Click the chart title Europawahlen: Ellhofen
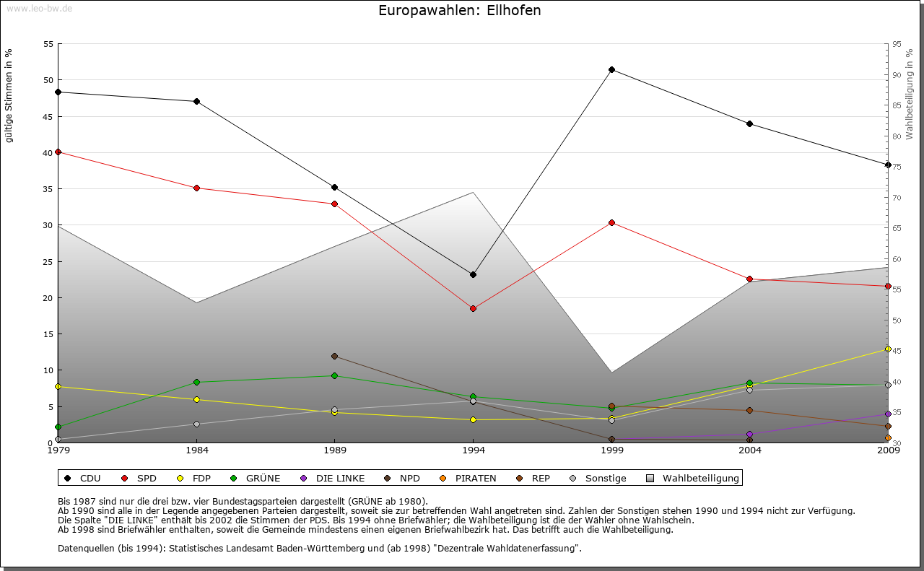459,11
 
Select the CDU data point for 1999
611,70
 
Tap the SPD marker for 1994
473,308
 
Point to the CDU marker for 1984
196,101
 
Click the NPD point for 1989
334,356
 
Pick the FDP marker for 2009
888,349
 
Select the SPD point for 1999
611,222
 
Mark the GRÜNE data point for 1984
196,382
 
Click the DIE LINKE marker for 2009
888,414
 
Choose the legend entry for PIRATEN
468,478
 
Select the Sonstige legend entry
598,478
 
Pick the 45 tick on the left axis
49,116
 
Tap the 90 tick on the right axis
896,75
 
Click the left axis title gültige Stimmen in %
9,95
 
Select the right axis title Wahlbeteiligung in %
910,95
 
